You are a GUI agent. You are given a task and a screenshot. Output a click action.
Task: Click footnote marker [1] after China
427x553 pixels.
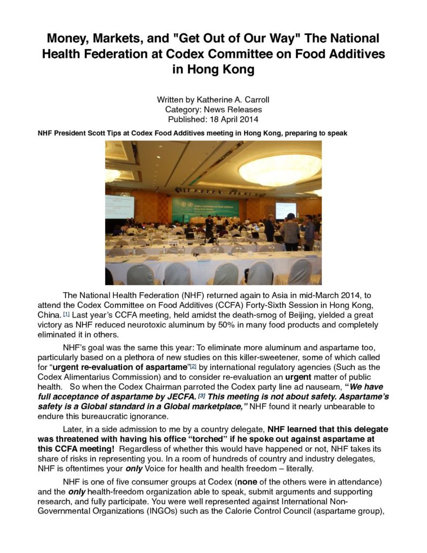point(66,313)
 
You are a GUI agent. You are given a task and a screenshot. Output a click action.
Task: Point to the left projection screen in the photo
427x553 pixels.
point(120,207)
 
